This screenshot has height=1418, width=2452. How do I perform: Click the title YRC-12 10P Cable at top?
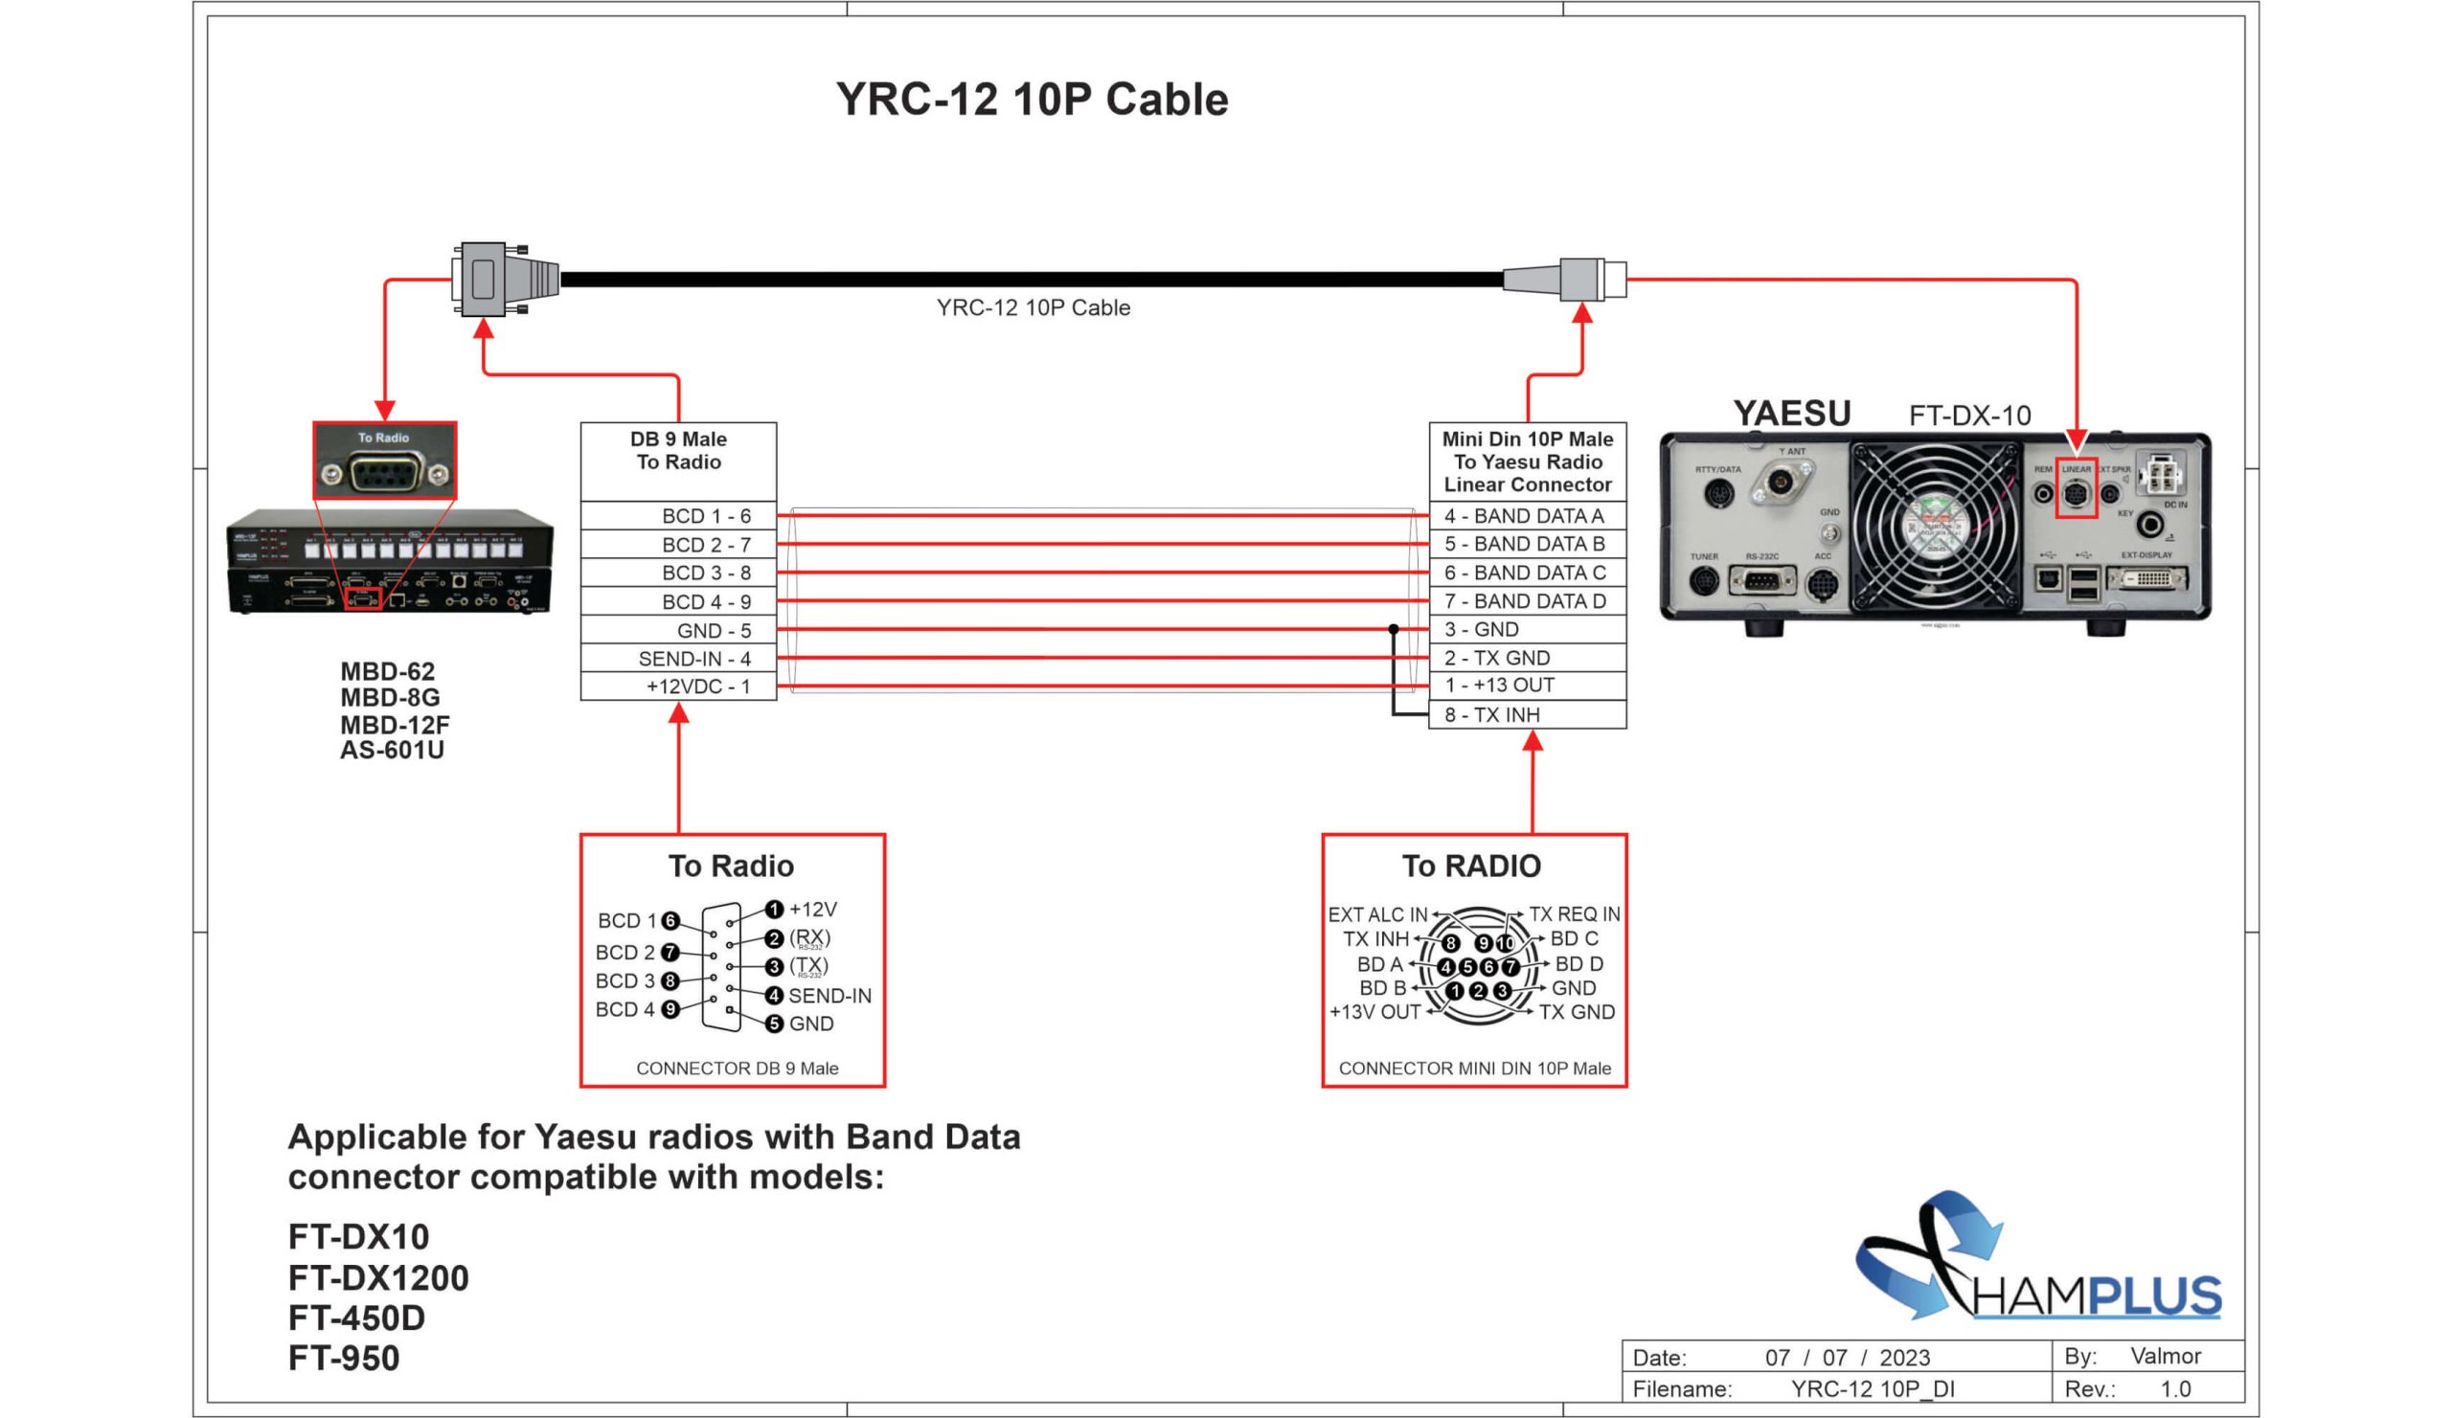pyautogui.click(x=1032, y=100)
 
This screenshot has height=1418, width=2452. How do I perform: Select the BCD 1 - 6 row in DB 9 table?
pyautogui.click(x=678, y=515)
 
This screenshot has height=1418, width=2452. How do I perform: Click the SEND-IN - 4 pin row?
pyautogui.click(x=678, y=659)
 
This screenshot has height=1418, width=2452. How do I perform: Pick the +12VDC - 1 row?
pyautogui.click(x=678, y=686)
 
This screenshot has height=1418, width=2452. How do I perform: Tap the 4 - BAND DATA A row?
pyautogui.click(x=1527, y=515)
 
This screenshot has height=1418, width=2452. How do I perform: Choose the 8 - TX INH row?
pyautogui.click(x=1527, y=715)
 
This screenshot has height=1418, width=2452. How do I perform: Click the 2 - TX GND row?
pyautogui.click(x=1527, y=658)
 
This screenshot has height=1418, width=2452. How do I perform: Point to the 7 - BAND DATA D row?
pyautogui.click(x=1527, y=601)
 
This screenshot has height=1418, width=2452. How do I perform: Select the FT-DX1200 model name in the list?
pyautogui.click(x=377, y=1277)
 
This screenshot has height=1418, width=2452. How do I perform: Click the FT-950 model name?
pyautogui.click(x=344, y=1358)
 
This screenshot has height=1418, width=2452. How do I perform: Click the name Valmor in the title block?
pyautogui.click(x=2165, y=1356)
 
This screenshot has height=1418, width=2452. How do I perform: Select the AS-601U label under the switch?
pyautogui.click(x=392, y=750)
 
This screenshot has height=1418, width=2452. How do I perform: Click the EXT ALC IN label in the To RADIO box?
pyautogui.click(x=1376, y=914)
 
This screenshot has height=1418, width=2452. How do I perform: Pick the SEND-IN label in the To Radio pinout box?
pyautogui.click(x=829, y=995)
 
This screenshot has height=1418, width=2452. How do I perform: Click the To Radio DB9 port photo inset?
pyautogui.click(x=384, y=461)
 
